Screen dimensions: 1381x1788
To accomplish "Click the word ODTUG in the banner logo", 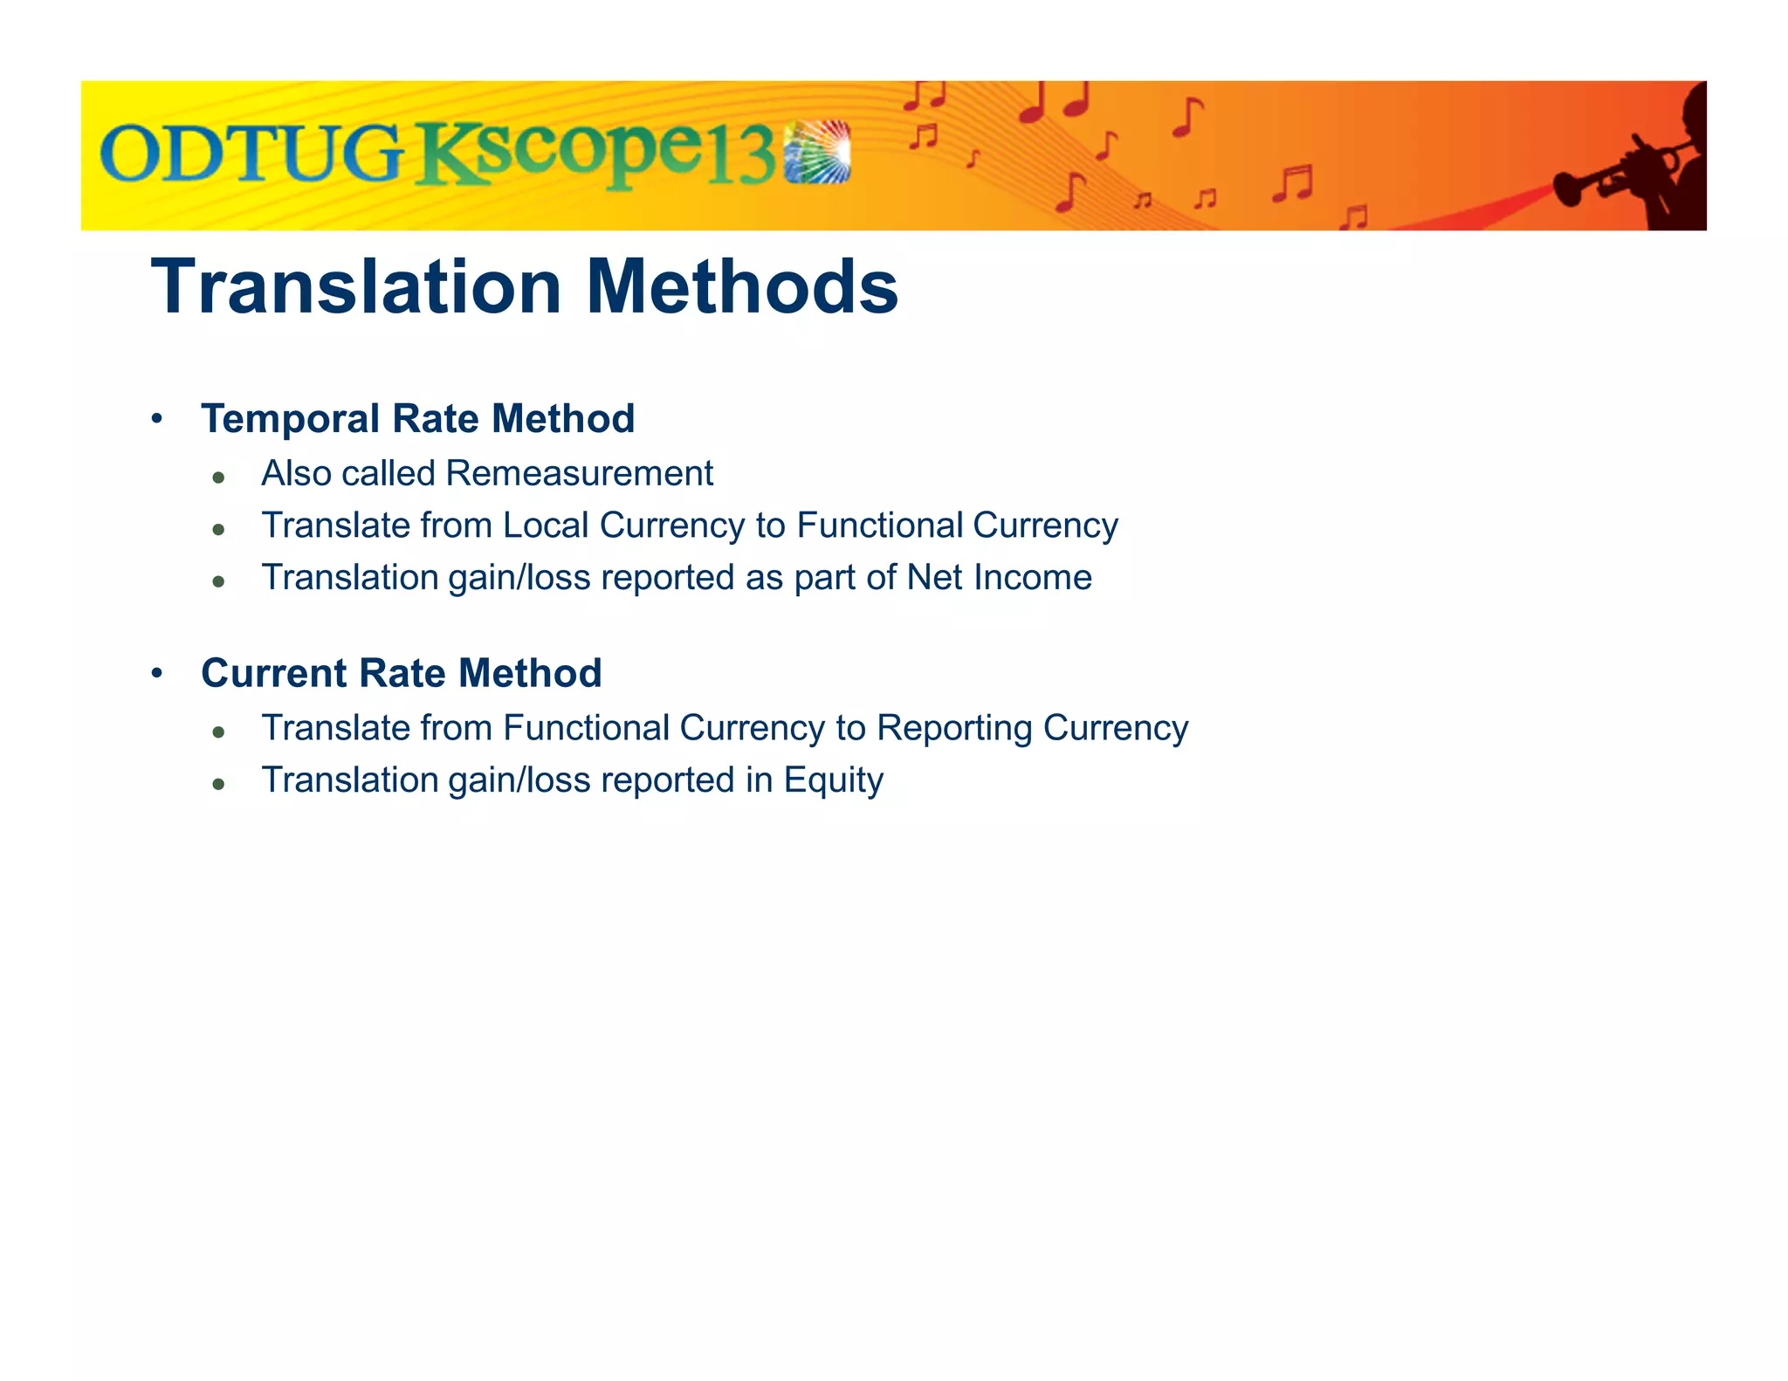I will [251, 154].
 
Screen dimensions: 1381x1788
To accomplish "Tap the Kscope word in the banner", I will [559, 154].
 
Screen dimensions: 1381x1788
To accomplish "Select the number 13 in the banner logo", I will [739, 157].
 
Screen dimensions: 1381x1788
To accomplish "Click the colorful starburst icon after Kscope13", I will [817, 152].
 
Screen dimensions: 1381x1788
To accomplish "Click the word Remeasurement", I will [579, 473].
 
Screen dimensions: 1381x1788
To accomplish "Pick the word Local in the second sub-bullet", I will [546, 526].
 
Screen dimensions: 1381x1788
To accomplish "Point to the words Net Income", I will [999, 578].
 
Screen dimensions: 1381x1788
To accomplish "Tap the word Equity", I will [833, 780].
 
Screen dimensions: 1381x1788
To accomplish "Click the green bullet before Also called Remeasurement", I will [219, 477].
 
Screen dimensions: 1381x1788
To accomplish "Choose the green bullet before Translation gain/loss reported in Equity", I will [219, 784].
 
